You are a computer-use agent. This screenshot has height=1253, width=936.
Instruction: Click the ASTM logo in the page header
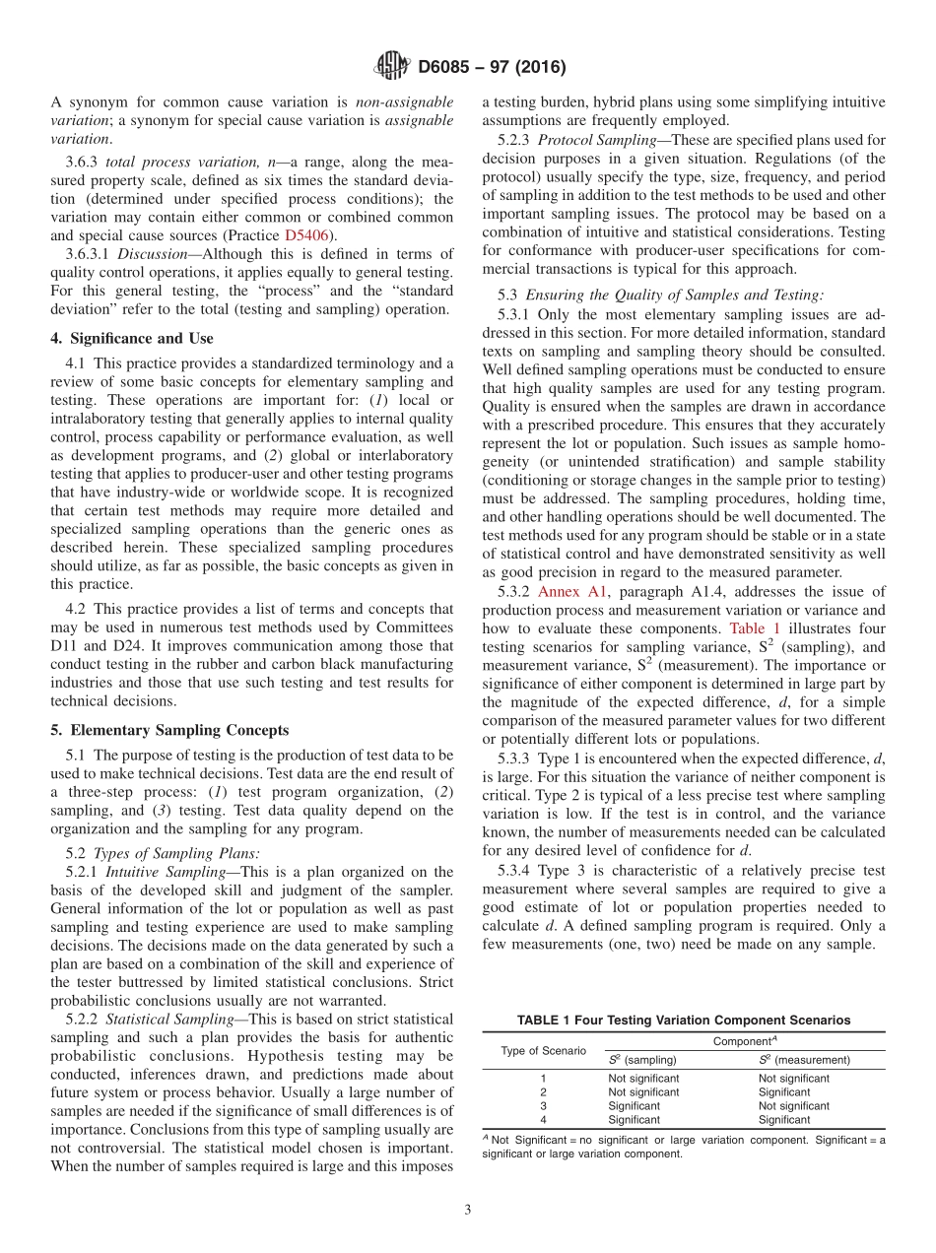point(391,68)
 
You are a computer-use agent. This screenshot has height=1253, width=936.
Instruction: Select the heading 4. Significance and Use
point(131,338)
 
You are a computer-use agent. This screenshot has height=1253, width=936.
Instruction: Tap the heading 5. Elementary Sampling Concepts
point(169,730)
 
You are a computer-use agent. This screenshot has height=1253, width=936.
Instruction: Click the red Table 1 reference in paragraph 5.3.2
point(754,627)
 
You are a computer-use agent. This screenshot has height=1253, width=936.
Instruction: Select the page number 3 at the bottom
point(467,1210)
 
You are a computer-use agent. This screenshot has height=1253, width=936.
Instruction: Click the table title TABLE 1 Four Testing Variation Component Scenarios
point(684,1021)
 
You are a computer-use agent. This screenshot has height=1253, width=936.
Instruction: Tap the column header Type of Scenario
point(543,1050)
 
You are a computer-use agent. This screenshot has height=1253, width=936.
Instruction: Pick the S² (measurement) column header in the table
point(804,1060)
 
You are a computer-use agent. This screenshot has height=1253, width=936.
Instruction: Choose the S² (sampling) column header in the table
point(641,1060)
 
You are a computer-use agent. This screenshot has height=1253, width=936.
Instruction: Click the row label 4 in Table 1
point(543,1120)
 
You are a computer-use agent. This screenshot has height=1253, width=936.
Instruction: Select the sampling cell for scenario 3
point(634,1106)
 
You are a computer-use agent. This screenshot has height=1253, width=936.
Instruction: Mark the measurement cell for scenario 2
point(784,1092)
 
